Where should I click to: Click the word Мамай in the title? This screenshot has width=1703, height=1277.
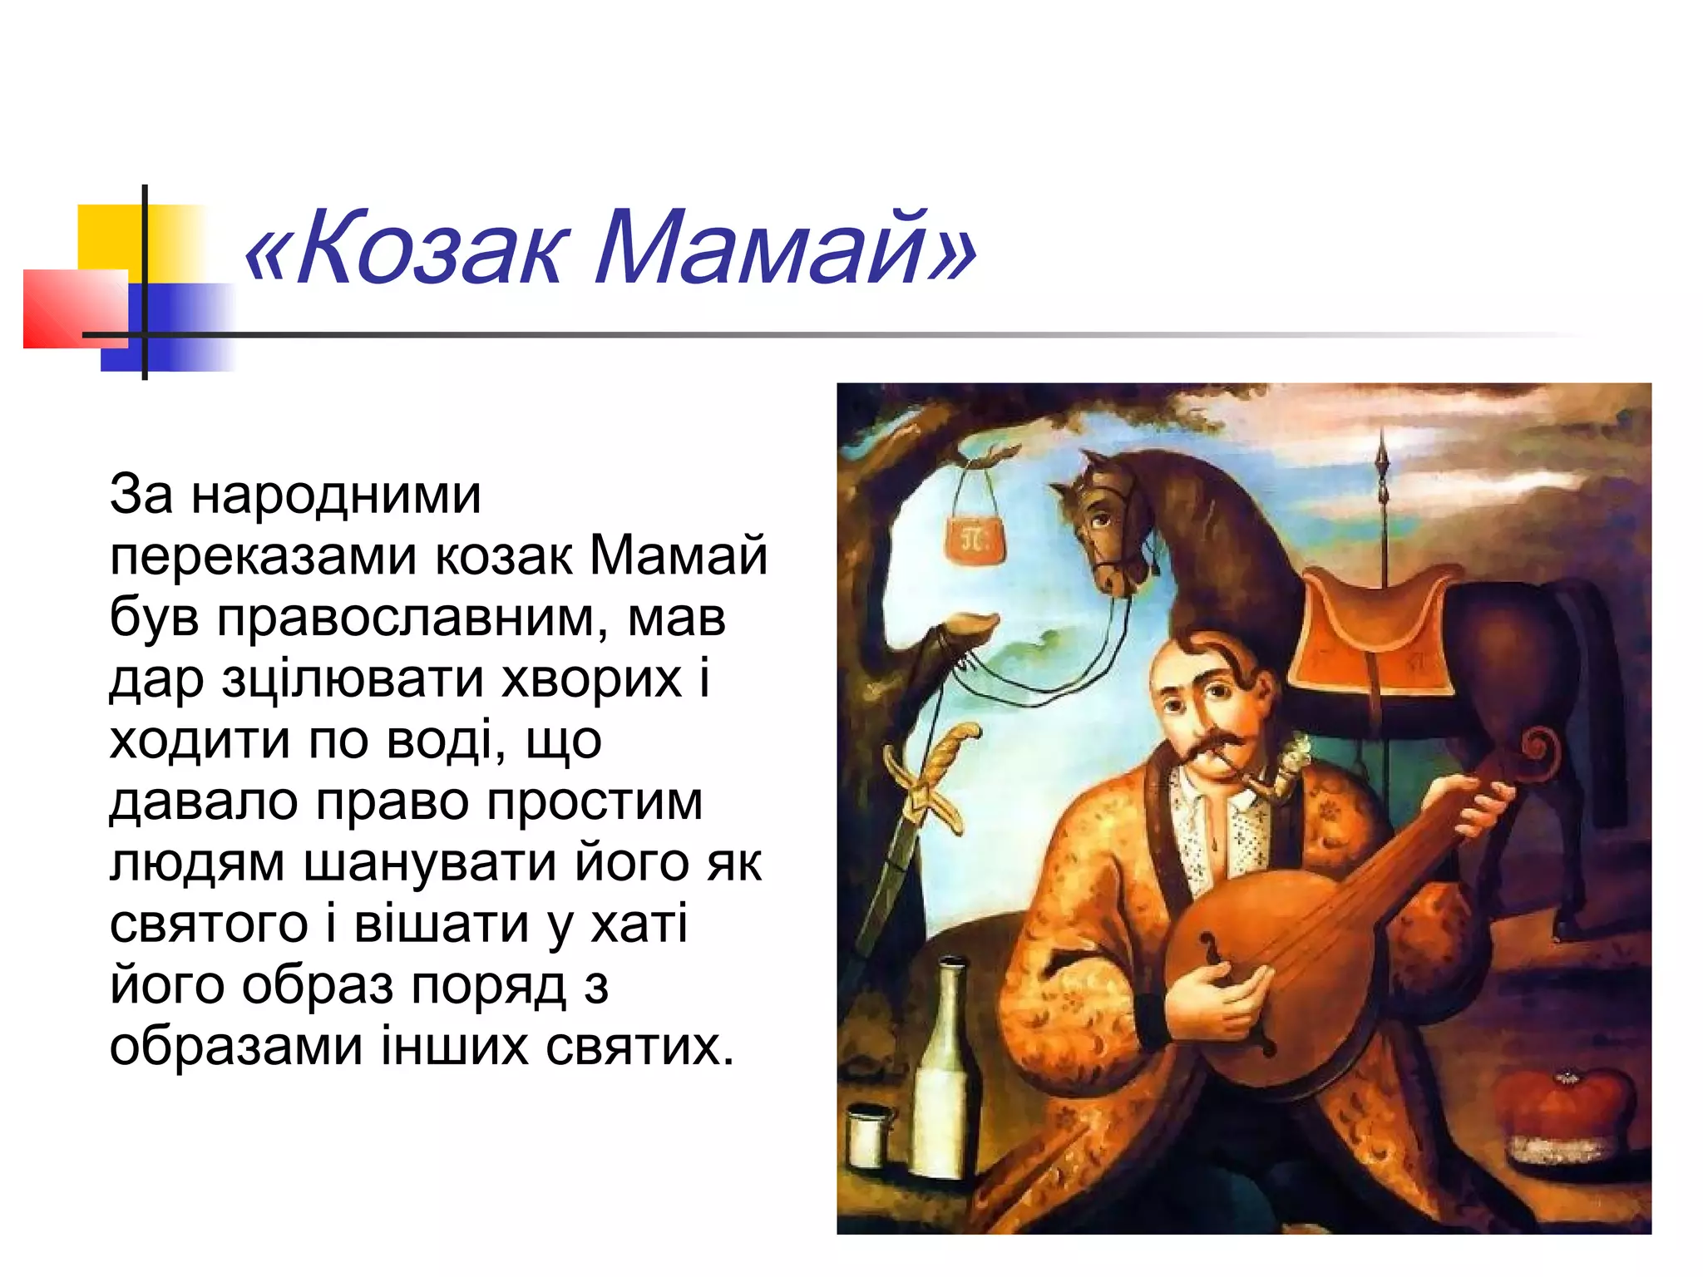(786, 249)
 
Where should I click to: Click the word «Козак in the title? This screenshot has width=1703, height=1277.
(407, 249)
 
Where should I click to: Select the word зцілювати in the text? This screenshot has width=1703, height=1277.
(354, 679)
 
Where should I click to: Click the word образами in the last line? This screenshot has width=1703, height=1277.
(236, 1046)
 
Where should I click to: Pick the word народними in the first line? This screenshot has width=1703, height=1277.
(336, 496)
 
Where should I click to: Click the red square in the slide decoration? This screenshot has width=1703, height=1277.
(75, 308)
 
